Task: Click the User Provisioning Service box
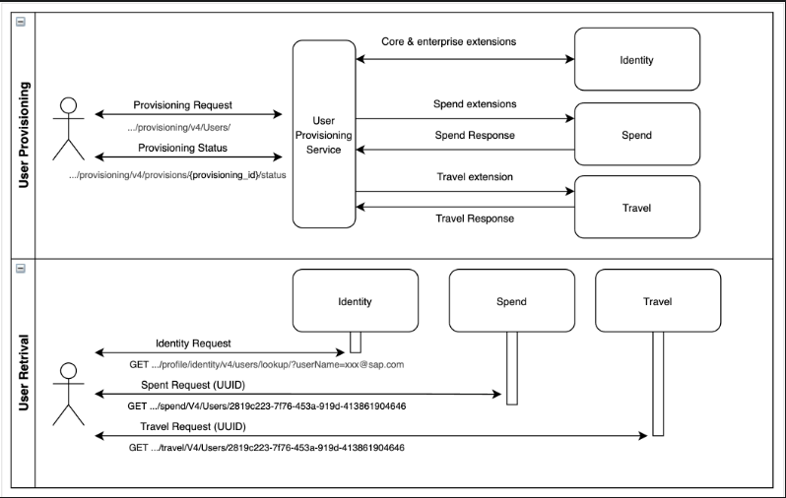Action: (323, 134)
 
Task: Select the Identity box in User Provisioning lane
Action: (636, 60)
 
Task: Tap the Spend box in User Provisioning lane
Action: (636, 134)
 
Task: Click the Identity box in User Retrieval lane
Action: (355, 301)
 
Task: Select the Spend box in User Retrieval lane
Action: (511, 301)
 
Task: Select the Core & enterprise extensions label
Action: (448, 42)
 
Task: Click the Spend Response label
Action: (475, 135)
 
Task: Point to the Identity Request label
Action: (193, 343)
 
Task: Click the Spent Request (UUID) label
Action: (207, 385)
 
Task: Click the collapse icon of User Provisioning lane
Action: (21, 21)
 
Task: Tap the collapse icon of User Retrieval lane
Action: (21, 268)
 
